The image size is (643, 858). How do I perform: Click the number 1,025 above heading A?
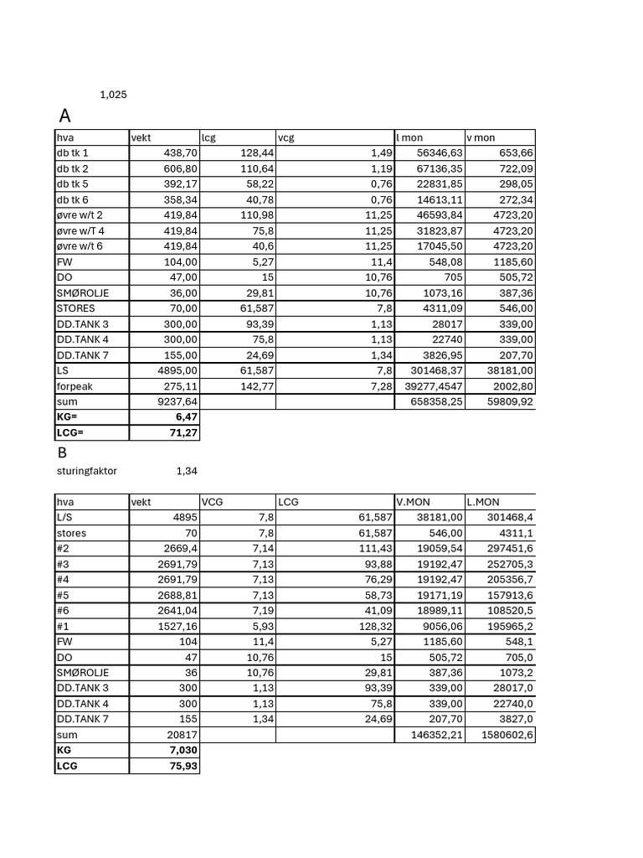coord(113,95)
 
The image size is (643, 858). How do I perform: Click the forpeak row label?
coord(75,386)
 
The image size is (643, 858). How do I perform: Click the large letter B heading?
coord(62,452)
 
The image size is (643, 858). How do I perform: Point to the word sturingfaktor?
coord(86,471)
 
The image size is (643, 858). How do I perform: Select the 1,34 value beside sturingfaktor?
coord(187,471)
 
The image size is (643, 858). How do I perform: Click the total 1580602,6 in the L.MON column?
coord(503,735)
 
